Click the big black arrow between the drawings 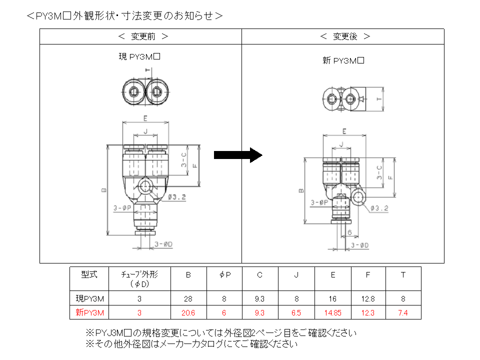[238, 155]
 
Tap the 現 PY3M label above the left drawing [139, 56]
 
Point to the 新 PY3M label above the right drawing [343, 61]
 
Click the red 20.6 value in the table [188, 312]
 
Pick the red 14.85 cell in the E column [333, 312]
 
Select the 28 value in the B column [188, 299]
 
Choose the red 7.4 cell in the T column [403, 312]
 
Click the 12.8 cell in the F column [367, 299]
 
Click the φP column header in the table [224, 274]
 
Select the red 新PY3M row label [90, 312]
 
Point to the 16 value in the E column [333, 299]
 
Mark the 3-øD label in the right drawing [359, 245]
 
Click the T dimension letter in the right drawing [378, 99]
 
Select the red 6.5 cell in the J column [296, 312]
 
